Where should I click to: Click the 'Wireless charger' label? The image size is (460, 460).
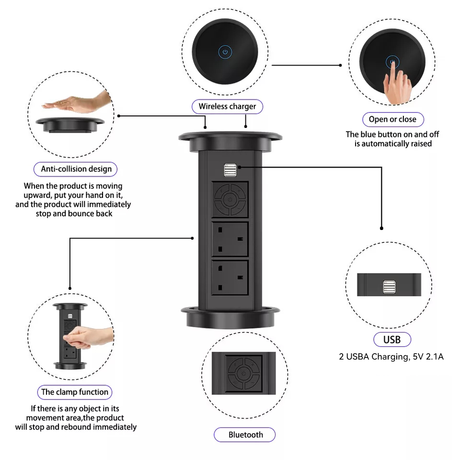pos(227,106)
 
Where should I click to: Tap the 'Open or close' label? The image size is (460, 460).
pos(393,119)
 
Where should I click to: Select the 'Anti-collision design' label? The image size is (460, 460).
pos(75,169)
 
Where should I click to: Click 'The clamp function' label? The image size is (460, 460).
pos(75,392)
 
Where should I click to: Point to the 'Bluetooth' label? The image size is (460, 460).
pos(245,435)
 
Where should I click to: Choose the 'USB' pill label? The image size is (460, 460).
pos(392,340)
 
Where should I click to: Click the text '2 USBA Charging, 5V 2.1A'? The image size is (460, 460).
pos(391,356)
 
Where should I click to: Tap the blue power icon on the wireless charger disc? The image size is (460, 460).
pos(225,52)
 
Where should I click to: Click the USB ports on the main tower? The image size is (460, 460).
pos(230,170)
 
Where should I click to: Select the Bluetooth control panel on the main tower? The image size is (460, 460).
pos(230,199)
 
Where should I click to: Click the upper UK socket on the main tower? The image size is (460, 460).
pos(230,240)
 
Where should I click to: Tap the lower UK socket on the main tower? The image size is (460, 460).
pos(230,278)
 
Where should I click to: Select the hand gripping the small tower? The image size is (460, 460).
pos(88,337)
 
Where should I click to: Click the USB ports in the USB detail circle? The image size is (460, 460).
pos(389,287)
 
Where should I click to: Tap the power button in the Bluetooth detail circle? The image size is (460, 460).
pos(243,374)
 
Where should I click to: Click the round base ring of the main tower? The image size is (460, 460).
pos(230,317)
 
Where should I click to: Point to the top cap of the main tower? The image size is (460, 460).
pos(230,141)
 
